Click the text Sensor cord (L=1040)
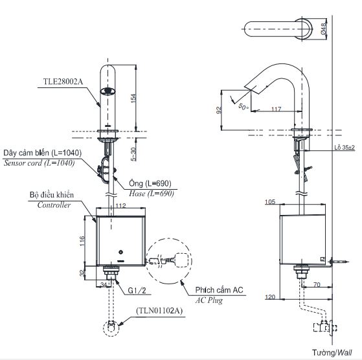coord(39,163)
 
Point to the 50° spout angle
coord(243,105)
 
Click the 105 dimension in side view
coord(269,202)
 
